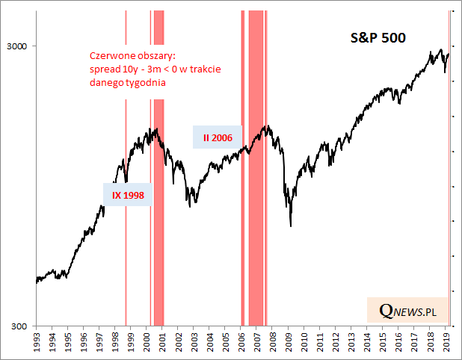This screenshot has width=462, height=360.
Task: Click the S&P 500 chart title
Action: click(x=378, y=38)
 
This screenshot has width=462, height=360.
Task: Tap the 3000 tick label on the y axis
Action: click(x=16, y=46)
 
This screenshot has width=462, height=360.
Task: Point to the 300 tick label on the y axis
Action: click(x=19, y=326)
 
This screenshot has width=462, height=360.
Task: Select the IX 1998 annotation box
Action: click(x=127, y=196)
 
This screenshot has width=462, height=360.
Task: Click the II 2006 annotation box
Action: click(x=218, y=137)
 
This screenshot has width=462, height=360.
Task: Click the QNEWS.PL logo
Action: click(x=407, y=311)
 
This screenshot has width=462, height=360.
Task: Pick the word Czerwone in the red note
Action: click(x=111, y=56)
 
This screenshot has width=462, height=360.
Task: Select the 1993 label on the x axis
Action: click(x=37, y=344)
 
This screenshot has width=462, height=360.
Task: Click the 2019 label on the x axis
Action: click(x=446, y=344)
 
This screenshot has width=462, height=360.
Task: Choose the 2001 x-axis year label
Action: click(x=163, y=344)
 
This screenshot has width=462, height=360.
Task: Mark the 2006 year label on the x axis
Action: click(x=241, y=344)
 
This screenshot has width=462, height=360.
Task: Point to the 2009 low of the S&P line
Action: click(x=290, y=226)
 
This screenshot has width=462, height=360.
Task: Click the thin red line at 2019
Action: click(x=449, y=187)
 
